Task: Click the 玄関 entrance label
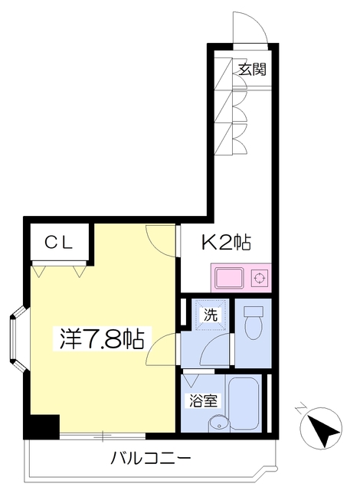pyautogui.click(x=251, y=70)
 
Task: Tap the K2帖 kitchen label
pyautogui.click(x=226, y=243)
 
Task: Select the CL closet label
pyautogui.click(x=58, y=243)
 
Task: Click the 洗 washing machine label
pyautogui.click(x=209, y=313)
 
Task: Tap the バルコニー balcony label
pyautogui.click(x=150, y=459)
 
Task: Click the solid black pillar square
pyautogui.click(x=44, y=426)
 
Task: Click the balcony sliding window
pyautogui.click(x=100, y=436)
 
